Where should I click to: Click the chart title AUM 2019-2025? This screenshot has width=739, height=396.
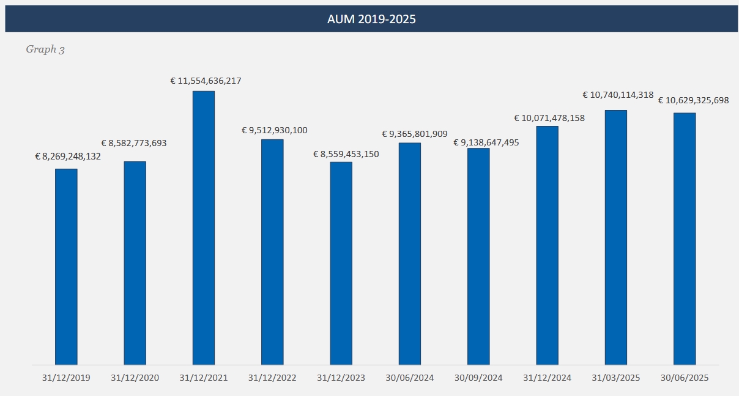pyautogui.click(x=371, y=19)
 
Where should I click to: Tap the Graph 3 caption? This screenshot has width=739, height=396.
pyautogui.click(x=45, y=50)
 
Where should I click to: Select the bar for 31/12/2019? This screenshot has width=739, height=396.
pyautogui.click(x=66, y=266)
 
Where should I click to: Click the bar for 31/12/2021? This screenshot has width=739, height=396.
pyautogui.click(x=204, y=228)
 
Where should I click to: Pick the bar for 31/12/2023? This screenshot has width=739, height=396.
pyautogui.click(x=341, y=263)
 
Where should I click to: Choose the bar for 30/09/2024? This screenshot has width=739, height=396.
pyautogui.click(x=478, y=257)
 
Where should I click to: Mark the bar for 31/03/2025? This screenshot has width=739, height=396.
pyautogui.click(x=615, y=238)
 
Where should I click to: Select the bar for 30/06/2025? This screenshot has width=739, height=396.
pyautogui.click(x=685, y=239)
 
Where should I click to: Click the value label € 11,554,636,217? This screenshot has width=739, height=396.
pyautogui.click(x=206, y=81)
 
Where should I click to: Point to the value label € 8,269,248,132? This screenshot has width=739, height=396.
pyautogui.click(x=68, y=156)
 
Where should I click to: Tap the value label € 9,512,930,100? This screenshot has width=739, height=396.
pyautogui.click(x=274, y=130)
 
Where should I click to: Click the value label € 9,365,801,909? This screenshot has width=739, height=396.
pyautogui.click(x=415, y=134)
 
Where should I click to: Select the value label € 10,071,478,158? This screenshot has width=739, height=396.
pyautogui.click(x=549, y=118)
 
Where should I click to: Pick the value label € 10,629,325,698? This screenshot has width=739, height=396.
pyautogui.click(x=693, y=100)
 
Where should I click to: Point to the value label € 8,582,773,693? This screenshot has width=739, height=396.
pyautogui.click(x=134, y=143)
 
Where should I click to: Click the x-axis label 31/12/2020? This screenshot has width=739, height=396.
pyautogui.click(x=135, y=378)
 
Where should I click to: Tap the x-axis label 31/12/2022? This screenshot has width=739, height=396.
pyautogui.click(x=272, y=378)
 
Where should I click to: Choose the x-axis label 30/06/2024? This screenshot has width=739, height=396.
pyautogui.click(x=409, y=378)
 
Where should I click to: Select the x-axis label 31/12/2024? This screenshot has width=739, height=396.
pyautogui.click(x=547, y=378)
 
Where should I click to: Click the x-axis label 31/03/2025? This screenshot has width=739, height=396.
pyautogui.click(x=615, y=378)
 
